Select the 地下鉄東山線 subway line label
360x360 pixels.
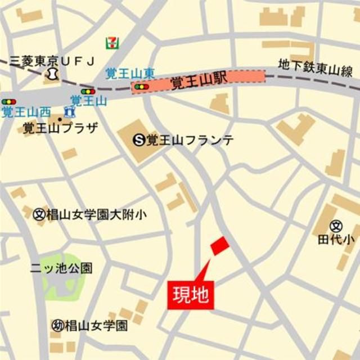[x=316, y=67]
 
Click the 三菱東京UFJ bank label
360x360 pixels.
[x=55, y=60]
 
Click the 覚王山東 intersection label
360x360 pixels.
[x=130, y=73]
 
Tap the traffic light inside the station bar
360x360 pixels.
[x=141, y=87]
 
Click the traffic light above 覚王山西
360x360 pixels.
[x=9, y=102]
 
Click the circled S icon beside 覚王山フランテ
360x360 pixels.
[x=139, y=140]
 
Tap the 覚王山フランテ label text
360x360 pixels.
[x=190, y=140]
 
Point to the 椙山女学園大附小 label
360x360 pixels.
[x=97, y=214]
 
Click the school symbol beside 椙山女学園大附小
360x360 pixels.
[x=39, y=214]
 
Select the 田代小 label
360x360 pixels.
[x=336, y=239]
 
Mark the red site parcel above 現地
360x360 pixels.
[x=219, y=245]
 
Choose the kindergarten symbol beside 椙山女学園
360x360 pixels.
[x=57, y=325]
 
